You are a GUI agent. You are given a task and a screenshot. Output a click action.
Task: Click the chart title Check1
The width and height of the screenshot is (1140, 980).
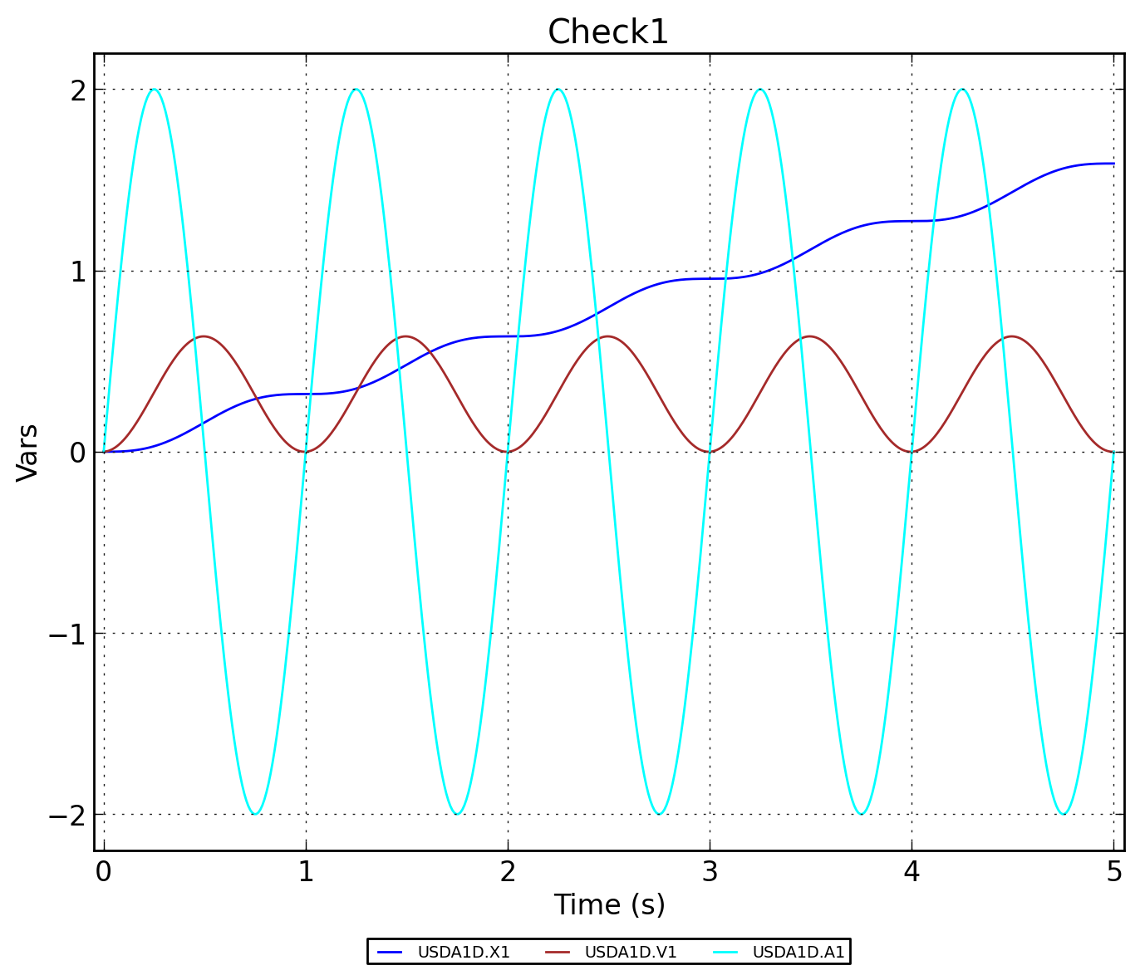pos(607,32)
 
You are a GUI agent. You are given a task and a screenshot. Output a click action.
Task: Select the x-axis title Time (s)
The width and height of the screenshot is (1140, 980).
pos(609,904)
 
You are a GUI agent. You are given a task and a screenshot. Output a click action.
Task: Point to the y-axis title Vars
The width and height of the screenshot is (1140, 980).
pos(28,452)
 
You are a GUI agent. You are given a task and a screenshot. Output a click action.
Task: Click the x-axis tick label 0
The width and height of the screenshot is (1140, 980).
pos(103,871)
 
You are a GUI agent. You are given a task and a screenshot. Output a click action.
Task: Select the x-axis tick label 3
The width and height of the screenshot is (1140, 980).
pos(710,871)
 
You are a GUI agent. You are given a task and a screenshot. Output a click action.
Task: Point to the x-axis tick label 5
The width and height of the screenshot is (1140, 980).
pos(1114,871)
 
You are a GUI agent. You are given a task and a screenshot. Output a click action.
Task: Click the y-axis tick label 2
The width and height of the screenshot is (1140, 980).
pos(78,90)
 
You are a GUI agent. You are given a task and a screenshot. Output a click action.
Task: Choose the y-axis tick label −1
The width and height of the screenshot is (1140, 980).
pos(68,634)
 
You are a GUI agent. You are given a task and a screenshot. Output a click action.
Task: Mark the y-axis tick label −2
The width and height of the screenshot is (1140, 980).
pos(68,815)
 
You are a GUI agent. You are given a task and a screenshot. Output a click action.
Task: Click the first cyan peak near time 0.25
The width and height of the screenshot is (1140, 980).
pos(154,89)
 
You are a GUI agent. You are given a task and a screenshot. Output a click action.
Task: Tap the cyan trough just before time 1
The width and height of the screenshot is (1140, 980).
pos(255,814)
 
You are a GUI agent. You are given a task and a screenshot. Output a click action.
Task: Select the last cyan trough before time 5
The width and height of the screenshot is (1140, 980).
pos(1064,814)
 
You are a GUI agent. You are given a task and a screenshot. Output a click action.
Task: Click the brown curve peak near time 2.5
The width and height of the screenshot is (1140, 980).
pos(608,336)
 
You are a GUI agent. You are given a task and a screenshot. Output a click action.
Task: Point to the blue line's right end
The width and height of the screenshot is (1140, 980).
pos(1113,164)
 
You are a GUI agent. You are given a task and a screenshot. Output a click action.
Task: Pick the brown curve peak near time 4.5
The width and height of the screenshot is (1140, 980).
pos(1012,336)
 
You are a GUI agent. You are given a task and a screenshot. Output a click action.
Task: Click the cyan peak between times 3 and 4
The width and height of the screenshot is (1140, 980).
pos(760,89)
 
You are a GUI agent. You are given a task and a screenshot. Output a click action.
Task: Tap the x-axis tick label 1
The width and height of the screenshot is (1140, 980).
pos(306,871)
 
